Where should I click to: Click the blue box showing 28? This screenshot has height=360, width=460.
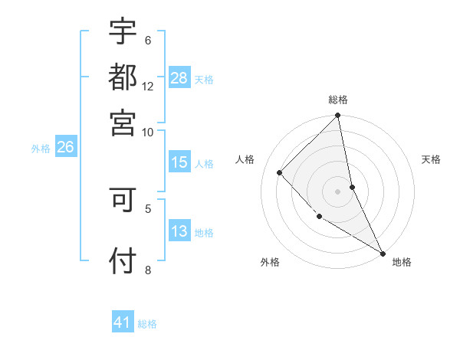coord(179,78)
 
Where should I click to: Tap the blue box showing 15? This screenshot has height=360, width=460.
coord(179,162)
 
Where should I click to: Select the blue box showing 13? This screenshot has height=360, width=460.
coord(179,232)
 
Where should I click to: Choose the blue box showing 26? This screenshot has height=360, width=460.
coord(65,148)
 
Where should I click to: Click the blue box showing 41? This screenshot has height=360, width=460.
coord(123,323)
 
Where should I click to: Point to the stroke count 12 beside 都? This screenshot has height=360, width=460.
coord(148,87)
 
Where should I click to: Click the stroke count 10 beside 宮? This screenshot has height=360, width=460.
coord(148,131)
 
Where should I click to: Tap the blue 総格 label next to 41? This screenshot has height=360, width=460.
coord(148,324)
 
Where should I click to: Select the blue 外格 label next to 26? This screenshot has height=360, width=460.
coord(41,149)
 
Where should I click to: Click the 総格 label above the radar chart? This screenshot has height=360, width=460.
coord(338,100)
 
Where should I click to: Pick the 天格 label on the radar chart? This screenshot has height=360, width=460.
coord(432,159)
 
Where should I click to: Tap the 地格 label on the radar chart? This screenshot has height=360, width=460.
coord(402,262)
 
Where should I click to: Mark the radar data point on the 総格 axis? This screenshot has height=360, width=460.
coord(338,116)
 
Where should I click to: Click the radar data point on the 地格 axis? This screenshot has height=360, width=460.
coord(383,253)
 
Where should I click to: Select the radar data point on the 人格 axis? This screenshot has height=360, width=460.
coord(280,172)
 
